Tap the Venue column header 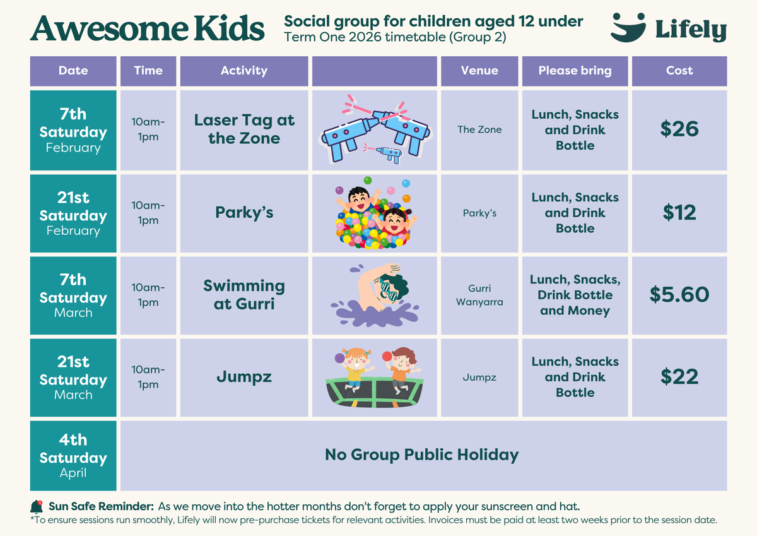click(x=479, y=71)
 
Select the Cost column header click(x=679, y=71)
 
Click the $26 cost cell click(x=679, y=129)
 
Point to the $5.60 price click(x=679, y=294)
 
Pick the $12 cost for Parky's click(x=679, y=212)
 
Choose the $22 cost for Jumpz click(x=679, y=377)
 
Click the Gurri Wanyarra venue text click(x=479, y=295)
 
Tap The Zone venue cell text click(x=479, y=129)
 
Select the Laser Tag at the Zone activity click(x=244, y=129)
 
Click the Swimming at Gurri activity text click(x=244, y=295)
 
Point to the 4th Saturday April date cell click(x=73, y=456)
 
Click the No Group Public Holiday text click(x=421, y=455)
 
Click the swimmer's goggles click(x=389, y=291)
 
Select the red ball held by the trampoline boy click(x=387, y=356)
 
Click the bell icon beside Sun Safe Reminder click(x=37, y=507)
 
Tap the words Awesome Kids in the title click(x=148, y=28)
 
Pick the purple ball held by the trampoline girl click(x=339, y=358)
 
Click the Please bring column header click(x=575, y=71)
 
